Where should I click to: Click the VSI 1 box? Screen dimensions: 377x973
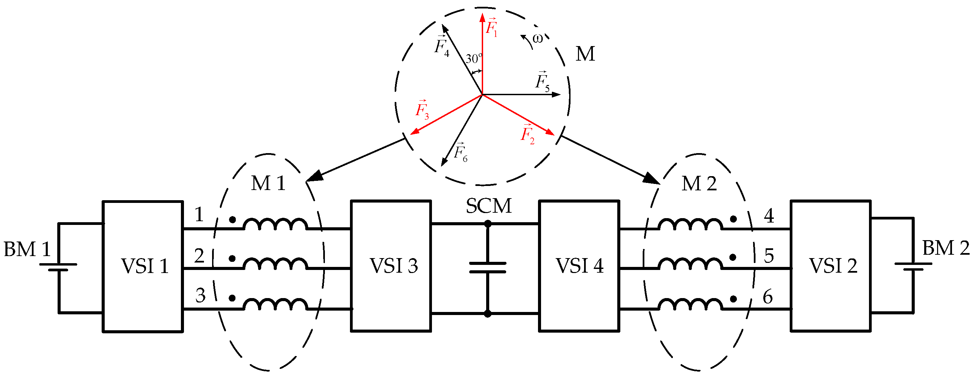(x=143, y=266)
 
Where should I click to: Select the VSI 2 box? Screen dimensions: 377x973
(x=831, y=266)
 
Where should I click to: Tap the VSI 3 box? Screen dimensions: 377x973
(x=391, y=266)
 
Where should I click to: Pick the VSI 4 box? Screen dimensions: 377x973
(x=579, y=266)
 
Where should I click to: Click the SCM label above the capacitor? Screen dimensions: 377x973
(x=489, y=206)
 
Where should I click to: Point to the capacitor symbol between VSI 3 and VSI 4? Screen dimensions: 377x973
(x=488, y=268)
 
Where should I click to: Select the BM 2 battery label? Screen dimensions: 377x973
(x=946, y=249)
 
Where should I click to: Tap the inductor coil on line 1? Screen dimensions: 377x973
(x=275, y=224)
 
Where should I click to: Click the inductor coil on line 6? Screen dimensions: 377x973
(x=690, y=305)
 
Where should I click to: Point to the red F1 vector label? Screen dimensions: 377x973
(x=491, y=27)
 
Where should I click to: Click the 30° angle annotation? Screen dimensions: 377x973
(x=474, y=59)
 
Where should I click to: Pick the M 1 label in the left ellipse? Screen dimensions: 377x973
(x=268, y=184)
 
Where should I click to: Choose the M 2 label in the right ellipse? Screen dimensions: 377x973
(x=699, y=184)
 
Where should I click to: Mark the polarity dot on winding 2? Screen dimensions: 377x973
(x=232, y=259)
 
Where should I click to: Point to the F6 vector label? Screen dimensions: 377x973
(x=460, y=153)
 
